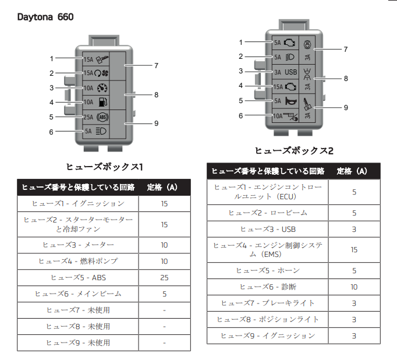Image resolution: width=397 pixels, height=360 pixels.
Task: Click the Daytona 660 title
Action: (45, 17)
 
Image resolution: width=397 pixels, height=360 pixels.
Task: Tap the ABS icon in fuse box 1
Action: (102, 117)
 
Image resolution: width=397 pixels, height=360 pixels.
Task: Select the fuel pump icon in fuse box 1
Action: (102, 102)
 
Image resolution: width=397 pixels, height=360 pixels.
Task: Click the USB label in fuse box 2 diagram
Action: (290, 72)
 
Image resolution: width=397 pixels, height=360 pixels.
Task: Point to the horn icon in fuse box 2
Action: (291, 101)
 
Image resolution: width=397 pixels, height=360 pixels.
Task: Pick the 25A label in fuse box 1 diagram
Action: (88, 117)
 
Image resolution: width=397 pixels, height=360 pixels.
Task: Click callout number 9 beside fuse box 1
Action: (156, 123)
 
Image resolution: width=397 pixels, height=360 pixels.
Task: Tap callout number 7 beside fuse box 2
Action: (346, 49)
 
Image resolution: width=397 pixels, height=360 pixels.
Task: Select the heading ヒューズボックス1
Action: (105, 167)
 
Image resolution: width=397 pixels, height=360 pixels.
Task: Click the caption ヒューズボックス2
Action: (294, 151)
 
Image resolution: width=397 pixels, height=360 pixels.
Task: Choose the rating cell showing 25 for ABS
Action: (164, 278)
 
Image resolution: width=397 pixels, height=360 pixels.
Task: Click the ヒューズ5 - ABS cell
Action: (78, 278)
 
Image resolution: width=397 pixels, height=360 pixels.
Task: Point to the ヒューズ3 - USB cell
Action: (268, 230)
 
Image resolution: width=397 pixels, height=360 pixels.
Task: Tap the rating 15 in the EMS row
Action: (354, 250)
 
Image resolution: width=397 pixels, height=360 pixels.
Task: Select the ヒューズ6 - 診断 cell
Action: (268, 287)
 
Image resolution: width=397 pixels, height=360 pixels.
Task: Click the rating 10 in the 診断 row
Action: (354, 287)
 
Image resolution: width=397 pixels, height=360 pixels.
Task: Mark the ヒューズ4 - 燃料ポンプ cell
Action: (78, 261)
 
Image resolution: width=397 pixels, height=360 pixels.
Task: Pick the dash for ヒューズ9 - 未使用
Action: (164, 343)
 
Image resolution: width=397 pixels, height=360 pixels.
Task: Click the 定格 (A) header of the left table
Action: (162, 187)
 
